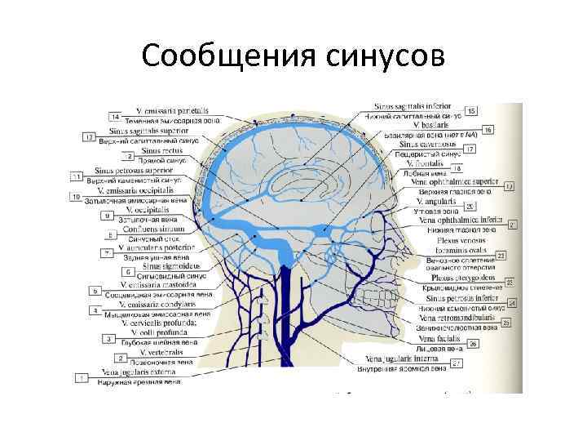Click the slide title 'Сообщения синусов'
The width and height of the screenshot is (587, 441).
[x=293, y=56]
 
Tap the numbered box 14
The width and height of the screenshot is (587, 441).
[x=115, y=118]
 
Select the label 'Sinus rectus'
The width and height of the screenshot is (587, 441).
[x=162, y=150]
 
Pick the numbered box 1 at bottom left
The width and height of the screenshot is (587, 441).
[x=82, y=377]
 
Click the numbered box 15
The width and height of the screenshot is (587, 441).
[x=471, y=110]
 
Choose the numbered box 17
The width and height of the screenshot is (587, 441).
[x=470, y=149]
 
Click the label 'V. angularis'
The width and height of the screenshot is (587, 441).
[x=435, y=201]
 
